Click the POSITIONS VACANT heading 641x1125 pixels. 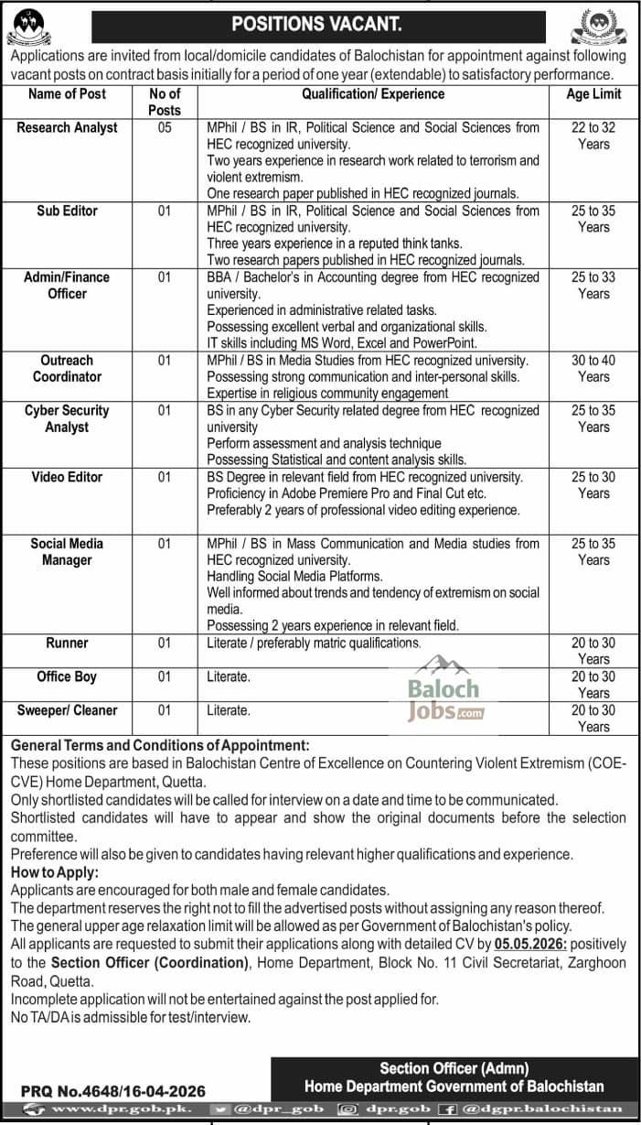tap(315, 25)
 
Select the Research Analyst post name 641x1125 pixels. tap(67, 128)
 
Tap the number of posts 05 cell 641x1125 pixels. tap(165, 128)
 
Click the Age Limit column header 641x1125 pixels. tap(593, 93)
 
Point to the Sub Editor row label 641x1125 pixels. tap(67, 211)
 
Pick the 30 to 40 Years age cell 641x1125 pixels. tap(593, 369)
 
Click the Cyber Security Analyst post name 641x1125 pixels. tap(67, 418)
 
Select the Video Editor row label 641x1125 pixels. tap(67, 477)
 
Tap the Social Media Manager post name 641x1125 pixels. tap(67, 552)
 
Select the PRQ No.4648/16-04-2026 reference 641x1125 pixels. tap(113, 1090)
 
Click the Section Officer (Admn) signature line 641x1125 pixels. tap(454, 1068)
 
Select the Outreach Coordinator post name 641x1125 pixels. tap(67, 369)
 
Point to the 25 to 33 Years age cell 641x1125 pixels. tap(593, 285)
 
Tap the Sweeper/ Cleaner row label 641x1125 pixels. tap(67, 710)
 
